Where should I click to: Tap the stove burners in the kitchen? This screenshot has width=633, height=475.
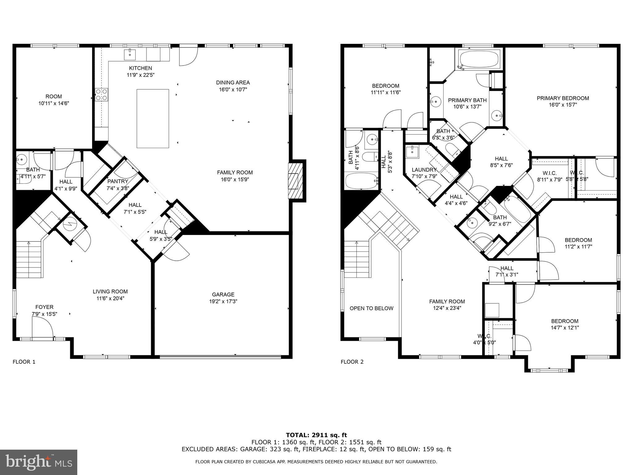(101, 94)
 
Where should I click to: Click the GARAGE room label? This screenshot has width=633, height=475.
(223, 294)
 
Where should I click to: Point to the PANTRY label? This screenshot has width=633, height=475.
(117, 181)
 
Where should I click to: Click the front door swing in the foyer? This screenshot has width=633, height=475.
(42, 328)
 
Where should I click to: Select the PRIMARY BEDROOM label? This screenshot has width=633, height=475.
(563, 98)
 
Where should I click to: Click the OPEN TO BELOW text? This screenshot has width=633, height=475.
(371, 308)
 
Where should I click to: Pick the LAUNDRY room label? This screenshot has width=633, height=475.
(424, 170)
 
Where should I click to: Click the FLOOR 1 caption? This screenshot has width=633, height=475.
(24, 362)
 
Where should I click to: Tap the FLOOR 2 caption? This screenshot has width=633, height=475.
(352, 362)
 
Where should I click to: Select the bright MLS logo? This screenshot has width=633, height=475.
(38, 462)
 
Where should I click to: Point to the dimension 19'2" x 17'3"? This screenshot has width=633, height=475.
(223, 301)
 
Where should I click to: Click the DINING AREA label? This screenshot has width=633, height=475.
(233, 83)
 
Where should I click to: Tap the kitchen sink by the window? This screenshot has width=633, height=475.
(130, 54)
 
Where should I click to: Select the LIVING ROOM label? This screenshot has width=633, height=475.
(110, 291)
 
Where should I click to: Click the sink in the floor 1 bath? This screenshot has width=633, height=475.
(22, 160)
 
